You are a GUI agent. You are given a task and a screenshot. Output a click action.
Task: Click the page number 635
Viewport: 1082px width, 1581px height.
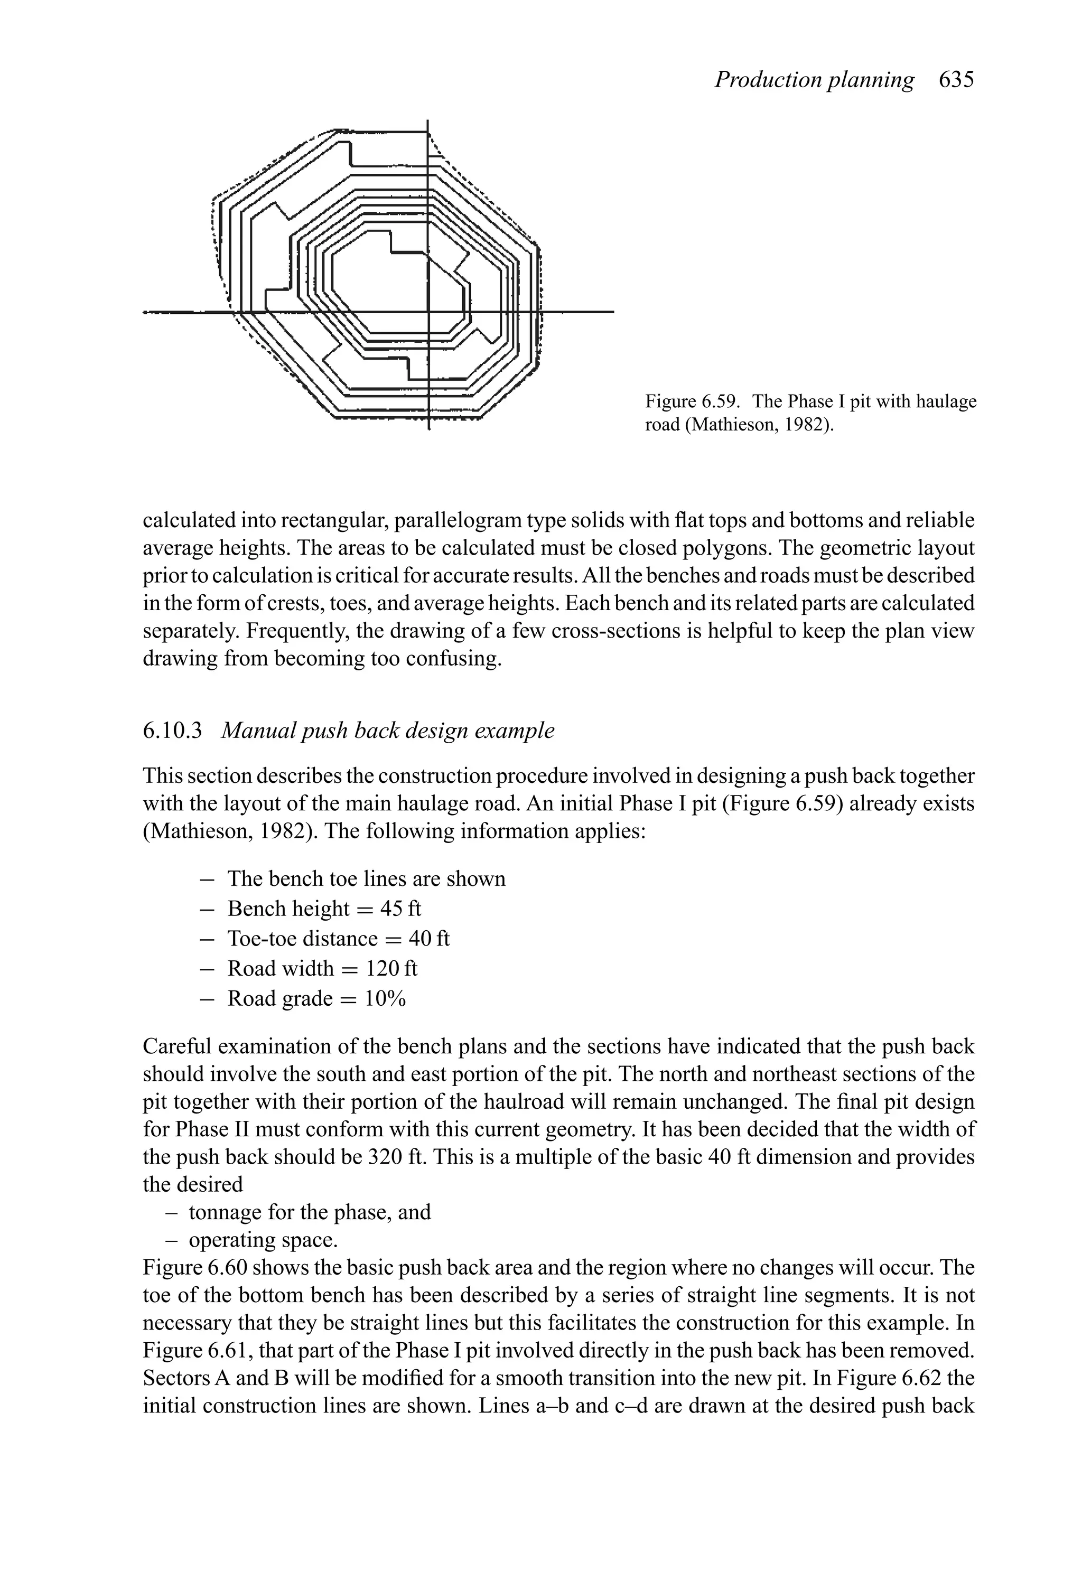[x=956, y=80]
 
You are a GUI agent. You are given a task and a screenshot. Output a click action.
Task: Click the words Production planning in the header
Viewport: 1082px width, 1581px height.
[x=814, y=80]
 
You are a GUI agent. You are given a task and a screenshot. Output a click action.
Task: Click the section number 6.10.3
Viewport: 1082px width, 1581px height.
[x=173, y=731]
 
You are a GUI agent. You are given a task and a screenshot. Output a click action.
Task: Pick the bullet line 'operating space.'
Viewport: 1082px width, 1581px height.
[x=263, y=1240]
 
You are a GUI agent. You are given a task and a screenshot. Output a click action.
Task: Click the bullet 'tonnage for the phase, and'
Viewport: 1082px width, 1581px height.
[x=310, y=1212]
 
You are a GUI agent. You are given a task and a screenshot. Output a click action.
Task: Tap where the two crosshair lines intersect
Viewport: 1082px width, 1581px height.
[x=428, y=312]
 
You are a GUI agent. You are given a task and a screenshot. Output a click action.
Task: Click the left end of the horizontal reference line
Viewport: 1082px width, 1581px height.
[x=145, y=312]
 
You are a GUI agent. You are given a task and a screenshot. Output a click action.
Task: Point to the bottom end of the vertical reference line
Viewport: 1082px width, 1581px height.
[x=428, y=429]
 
